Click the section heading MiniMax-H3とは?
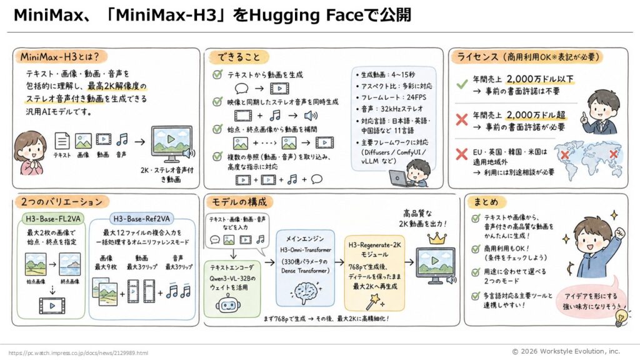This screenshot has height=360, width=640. pyautogui.click(x=59, y=56)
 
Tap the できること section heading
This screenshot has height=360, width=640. pyautogui.click(x=238, y=57)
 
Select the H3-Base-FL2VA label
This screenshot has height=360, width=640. pyautogui.click(x=53, y=219)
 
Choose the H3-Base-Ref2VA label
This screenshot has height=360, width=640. pyautogui.click(x=141, y=219)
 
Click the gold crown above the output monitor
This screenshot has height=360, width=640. pyautogui.click(x=436, y=238)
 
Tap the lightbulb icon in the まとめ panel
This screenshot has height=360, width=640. pyautogui.click(x=621, y=317)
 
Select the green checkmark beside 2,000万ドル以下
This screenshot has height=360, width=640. pyautogui.click(x=462, y=84)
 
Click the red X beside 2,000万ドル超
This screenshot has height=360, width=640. pyautogui.click(x=462, y=119)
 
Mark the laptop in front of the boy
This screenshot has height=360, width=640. pyautogui.click(x=399, y=178)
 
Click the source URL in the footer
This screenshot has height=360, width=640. pyautogui.click(x=78, y=353)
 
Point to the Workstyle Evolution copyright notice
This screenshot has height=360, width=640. pyautogui.click(x=566, y=351)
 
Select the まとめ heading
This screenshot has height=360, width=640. pyautogui.click(x=486, y=202)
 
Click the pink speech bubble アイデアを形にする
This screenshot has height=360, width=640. pyautogui.click(x=591, y=301)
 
